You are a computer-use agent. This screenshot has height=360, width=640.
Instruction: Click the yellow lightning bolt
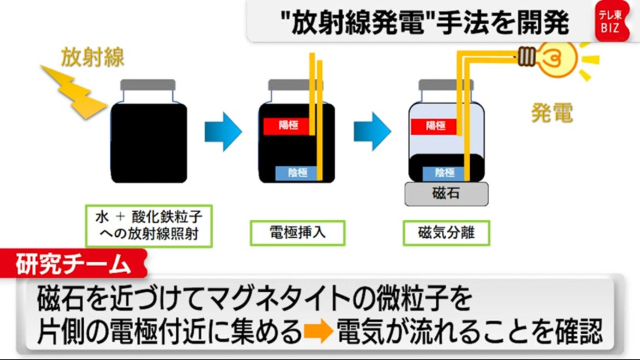pyautogui.click(x=73, y=91)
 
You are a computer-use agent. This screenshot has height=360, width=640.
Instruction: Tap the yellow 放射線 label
pyautogui.click(x=93, y=57)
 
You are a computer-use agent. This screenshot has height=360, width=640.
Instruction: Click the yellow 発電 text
pyautogui.click(x=551, y=113)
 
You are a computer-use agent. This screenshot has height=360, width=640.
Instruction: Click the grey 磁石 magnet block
pyautogui.click(x=446, y=194)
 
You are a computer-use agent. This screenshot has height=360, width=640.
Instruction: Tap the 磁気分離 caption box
pyautogui.click(x=446, y=233)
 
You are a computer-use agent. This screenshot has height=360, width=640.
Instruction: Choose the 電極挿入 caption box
pyautogui.click(x=297, y=233)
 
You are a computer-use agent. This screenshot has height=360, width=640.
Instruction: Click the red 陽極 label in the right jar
pyautogui.click(x=435, y=125)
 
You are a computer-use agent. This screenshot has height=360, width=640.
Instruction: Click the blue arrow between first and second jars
pyautogui.click(x=223, y=131)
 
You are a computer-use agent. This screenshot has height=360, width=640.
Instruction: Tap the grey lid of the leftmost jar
pyautogui.click(x=148, y=85)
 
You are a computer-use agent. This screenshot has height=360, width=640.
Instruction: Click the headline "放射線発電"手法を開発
pyautogui.click(x=426, y=23)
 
